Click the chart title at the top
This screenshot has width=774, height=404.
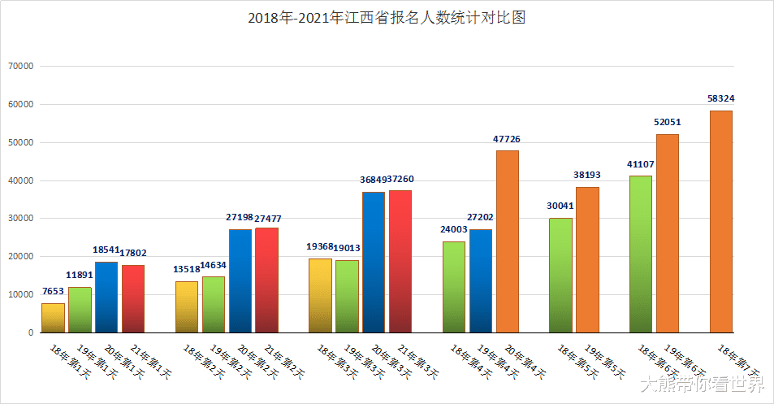click(387, 18)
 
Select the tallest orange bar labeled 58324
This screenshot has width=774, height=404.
click(720, 221)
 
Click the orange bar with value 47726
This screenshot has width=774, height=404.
click(507, 241)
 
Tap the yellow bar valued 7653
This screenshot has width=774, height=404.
click(53, 318)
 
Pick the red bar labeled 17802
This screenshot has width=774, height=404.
click(133, 298)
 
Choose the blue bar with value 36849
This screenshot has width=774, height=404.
click(374, 262)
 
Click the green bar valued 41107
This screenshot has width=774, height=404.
click(640, 254)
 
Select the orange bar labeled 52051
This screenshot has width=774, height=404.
click(667, 233)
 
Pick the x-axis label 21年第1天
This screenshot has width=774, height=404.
click(151, 363)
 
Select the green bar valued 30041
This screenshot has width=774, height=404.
click(560, 275)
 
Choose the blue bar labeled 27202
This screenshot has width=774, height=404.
click(480, 280)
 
